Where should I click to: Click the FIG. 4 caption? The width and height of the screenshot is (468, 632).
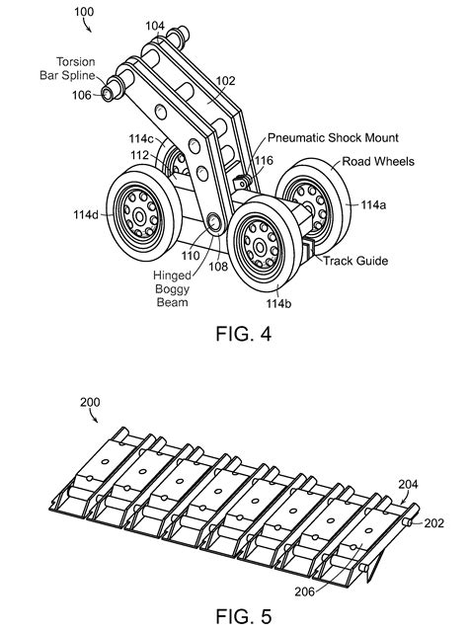point(244,334)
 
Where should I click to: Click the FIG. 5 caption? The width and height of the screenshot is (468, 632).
point(244,616)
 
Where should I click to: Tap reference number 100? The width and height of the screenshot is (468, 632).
point(84,12)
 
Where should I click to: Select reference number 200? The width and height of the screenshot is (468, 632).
point(90,402)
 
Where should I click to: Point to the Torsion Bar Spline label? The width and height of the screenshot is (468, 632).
point(68,68)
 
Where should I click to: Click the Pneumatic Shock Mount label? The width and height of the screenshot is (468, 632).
point(333,138)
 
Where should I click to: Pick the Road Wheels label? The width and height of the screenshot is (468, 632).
point(378,162)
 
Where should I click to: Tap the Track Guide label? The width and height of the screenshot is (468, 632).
point(355,261)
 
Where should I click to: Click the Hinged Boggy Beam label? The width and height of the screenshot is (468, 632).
point(172,288)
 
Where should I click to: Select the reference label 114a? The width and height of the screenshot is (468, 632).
point(373,205)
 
